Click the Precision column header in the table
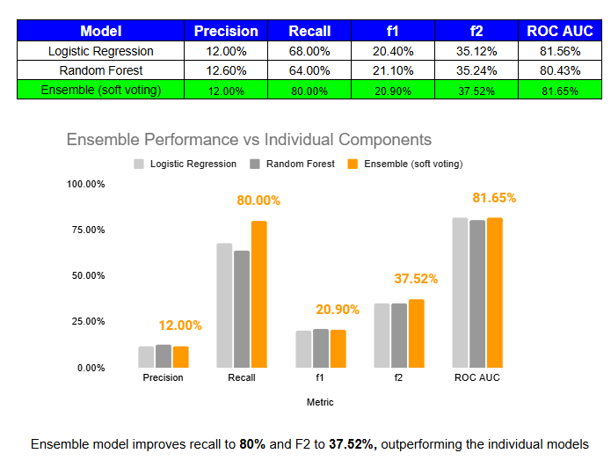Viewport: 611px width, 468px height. tap(226, 32)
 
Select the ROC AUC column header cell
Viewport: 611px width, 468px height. tap(560, 32)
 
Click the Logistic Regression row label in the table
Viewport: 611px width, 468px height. tap(101, 52)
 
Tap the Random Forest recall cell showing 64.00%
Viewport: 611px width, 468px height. tap(309, 71)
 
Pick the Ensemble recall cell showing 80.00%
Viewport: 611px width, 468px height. tap(309, 91)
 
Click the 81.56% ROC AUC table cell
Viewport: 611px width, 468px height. tap(560, 52)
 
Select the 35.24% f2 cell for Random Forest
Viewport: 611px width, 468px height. tap(477, 71)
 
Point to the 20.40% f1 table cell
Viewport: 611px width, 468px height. tap(394, 52)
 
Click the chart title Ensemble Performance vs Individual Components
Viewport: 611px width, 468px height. tap(249, 140)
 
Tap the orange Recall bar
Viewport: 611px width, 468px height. tap(258, 294)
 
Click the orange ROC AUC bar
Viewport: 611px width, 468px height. tap(493, 292)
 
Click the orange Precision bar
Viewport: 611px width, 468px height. tap(180, 356)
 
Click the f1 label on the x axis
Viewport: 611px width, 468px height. tap(319, 378)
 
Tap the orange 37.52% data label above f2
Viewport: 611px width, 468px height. tap(416, 279)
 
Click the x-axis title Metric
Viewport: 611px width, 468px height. tap(319, 402)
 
